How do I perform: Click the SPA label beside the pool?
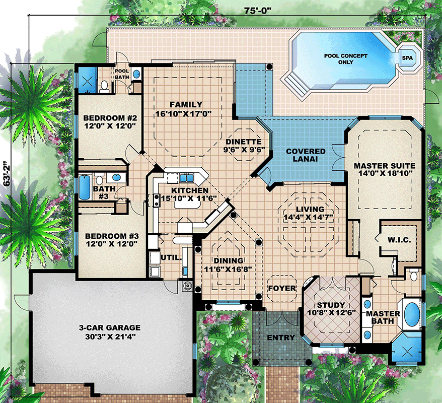[407, 58]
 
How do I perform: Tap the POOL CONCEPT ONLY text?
[345, 58]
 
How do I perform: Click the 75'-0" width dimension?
[258, 11]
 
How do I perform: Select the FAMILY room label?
[186, 105]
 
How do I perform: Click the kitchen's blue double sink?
[187, 178]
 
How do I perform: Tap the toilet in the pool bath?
[104, 87]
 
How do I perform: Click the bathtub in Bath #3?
[84, 187]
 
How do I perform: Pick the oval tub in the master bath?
[412, 313]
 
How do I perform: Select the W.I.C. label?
[399, 240]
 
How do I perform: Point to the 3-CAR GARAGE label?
[110, 328]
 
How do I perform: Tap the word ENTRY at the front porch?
[281, 338]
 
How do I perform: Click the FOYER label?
[282, 288]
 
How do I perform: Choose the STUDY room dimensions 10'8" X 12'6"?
[331, 312]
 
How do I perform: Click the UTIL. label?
[171, 257]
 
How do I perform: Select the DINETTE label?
[244, 142]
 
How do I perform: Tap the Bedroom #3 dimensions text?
[112, 244]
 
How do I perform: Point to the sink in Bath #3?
[116, 178]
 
